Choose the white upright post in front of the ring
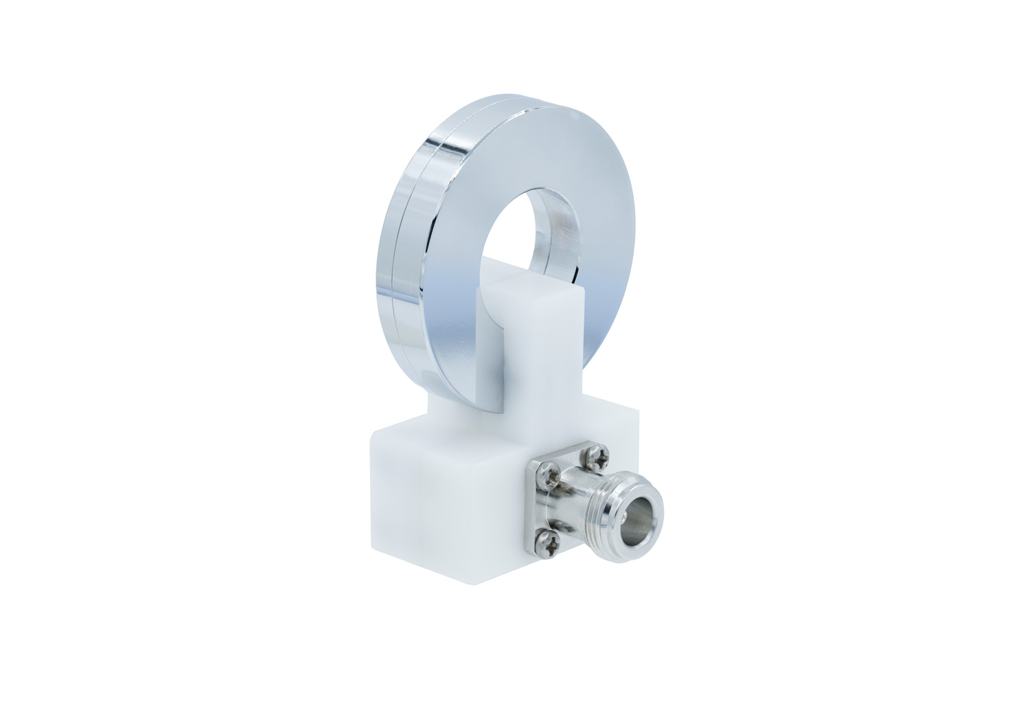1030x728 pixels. click(x=542, y=357)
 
